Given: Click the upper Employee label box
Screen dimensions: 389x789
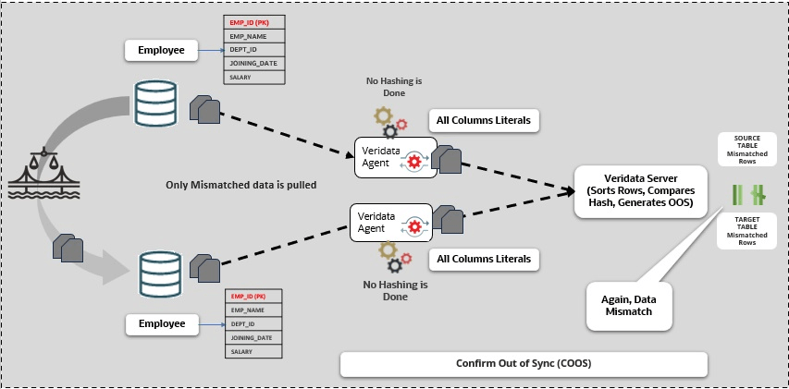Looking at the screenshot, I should (x=162, y=49).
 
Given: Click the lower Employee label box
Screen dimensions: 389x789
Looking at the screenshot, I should (x=162, y=323).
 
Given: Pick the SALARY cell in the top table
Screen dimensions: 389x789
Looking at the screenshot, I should (x=252, y=77).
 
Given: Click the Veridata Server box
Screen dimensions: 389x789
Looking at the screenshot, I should (x=641, y=191).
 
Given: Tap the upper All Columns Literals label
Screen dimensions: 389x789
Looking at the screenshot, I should (x=484, y=120).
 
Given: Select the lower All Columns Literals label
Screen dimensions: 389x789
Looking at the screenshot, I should (x=484, y=259).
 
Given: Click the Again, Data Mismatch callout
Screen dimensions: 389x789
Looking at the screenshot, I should (x=630, y=305).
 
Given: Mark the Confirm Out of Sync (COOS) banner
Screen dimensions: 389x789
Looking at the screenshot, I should (x=524, y=364).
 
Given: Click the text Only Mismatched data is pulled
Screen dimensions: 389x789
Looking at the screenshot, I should (x=240, y=185).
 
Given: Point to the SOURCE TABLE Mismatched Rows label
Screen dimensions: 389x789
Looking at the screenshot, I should (x=746, y=150).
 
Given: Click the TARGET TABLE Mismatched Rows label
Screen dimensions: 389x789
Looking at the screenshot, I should (x=746, y=230).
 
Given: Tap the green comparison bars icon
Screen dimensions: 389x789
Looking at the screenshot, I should (x=746, y=194).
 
